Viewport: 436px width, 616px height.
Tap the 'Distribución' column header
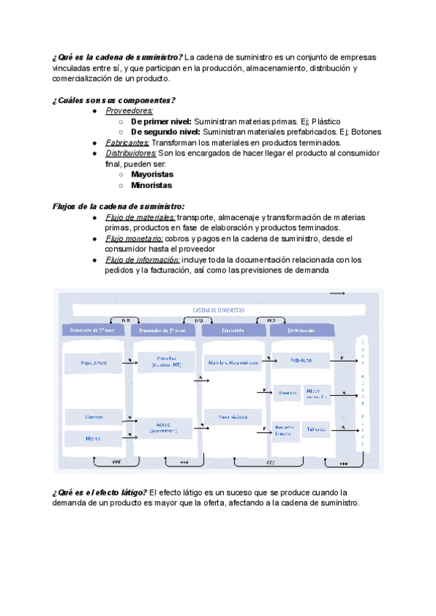click(x=301, y=330)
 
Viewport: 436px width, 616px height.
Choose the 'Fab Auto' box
click(x=301, y=360)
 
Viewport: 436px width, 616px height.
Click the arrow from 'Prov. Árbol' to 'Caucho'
click(x=129, y=362)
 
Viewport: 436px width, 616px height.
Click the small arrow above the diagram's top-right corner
click(x=337, y=292)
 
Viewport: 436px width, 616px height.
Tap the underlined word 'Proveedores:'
click(x=129, y=111)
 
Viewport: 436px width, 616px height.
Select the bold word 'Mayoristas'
click(x=151, y=174)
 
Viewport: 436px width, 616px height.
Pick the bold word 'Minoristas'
click(x=151, y=185)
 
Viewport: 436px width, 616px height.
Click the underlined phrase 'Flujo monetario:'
click(x=134, y=238)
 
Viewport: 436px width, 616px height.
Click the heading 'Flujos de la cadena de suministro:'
click(x=119, y=206)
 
